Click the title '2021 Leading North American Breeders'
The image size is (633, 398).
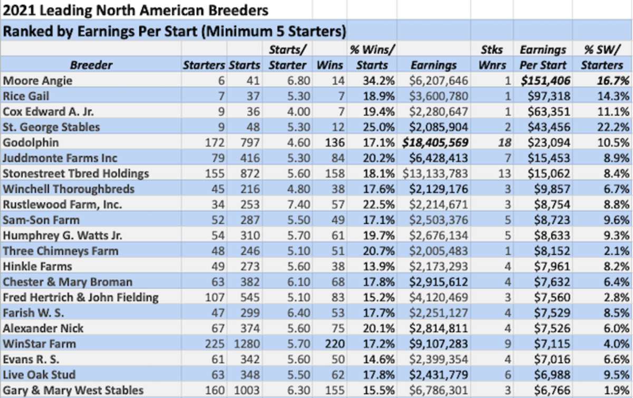click(x=136, y=10)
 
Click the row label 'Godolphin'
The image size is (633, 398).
click(x=31, y=143)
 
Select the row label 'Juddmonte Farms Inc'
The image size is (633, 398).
click(x=60, y=158)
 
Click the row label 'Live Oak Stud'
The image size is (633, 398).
click(x=39, y=375)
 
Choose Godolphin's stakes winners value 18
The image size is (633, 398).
click(x=500, y=143)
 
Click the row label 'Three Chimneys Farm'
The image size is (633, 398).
click(x=61, y=251)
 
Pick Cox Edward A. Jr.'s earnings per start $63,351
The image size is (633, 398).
click(x=544, y=112)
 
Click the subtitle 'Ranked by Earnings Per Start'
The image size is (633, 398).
click(x=174, y=31)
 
